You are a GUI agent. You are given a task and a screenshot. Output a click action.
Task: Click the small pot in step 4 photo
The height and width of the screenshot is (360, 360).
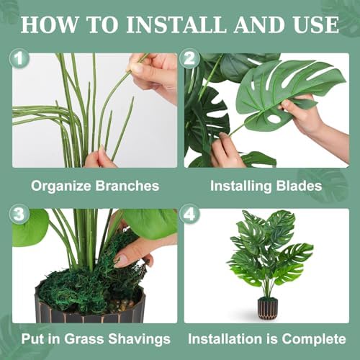pos(267,308)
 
